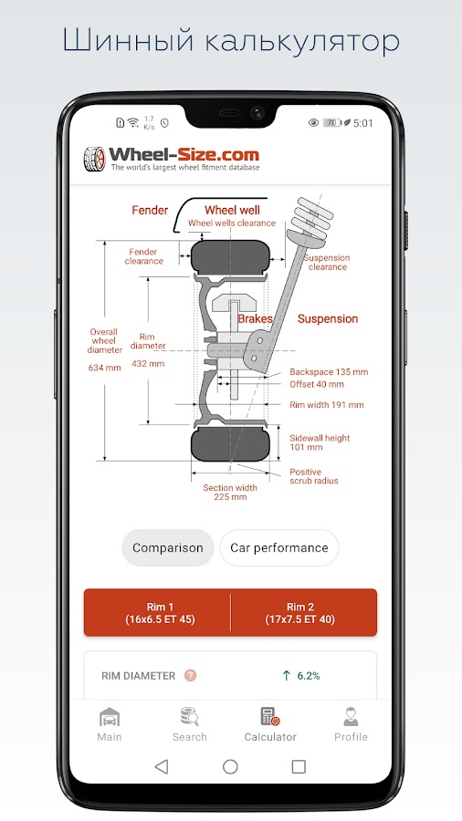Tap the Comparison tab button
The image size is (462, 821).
[x=168, y=547]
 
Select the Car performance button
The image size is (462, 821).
[x=279, y=547]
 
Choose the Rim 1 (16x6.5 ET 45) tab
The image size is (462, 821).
[x=160, y=613]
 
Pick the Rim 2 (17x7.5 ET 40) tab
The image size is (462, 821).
[x=300, y=613]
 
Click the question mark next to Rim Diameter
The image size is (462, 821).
[x=190, y=675]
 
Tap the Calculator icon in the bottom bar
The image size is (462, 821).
[x=270, y=717]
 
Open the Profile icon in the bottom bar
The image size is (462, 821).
[x=351, y=717]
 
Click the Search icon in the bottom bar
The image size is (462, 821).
[x=189, y=717]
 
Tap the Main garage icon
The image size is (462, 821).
[x=110, y=717]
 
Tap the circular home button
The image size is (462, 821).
[x=230, y=767]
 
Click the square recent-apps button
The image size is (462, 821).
[x=299, y=767]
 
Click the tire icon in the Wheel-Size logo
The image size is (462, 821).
[x=94, y=159]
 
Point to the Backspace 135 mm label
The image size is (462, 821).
[x=329, y=372]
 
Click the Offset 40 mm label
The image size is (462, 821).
[x=317, y=384]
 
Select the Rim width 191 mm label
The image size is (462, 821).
[x=327, y=405]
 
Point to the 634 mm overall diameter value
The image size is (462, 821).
[x=105, y=368]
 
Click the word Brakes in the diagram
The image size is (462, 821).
[x=256, y=319]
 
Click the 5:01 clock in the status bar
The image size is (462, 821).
[x=363, y=123]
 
